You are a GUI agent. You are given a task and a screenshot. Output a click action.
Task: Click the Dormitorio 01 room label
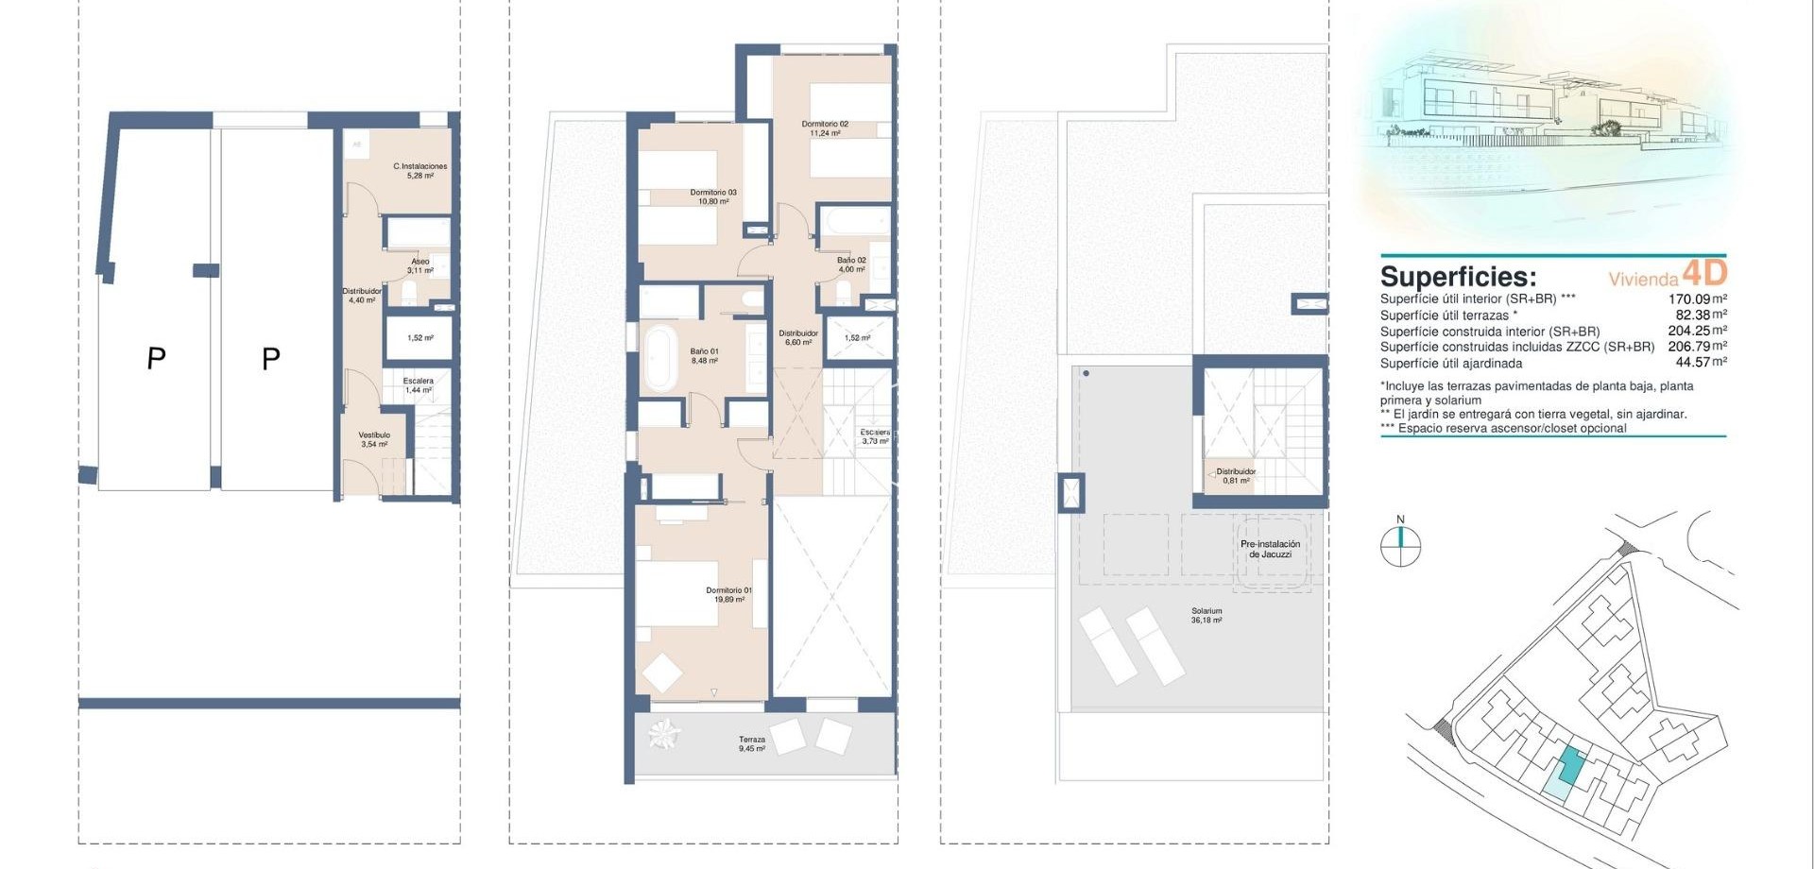728,594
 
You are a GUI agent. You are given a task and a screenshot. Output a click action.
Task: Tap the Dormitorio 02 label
825,128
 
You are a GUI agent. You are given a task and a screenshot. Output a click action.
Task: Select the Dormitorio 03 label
713,196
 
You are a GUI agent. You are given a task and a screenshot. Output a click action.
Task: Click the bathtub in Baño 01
659,358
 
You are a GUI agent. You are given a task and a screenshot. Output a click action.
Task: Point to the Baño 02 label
851,264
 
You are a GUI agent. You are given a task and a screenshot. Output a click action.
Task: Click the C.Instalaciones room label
419,170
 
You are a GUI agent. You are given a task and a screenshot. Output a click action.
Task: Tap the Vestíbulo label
374,439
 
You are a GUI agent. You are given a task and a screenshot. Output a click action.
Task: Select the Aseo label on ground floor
420,265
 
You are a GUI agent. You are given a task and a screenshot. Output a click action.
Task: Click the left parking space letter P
156,358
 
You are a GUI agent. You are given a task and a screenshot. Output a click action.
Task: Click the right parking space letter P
270,359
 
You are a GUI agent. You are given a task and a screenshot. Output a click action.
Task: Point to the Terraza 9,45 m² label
752,744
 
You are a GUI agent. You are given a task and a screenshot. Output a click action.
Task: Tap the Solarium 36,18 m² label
1206,616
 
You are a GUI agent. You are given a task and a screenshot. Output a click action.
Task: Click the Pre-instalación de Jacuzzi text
1270,549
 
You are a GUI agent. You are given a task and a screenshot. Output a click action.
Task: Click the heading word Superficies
1458,277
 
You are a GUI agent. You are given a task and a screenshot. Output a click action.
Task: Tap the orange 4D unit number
1704,273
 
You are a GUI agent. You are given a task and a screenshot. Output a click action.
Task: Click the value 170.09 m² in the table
1697,298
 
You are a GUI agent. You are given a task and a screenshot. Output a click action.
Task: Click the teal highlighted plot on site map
1569,764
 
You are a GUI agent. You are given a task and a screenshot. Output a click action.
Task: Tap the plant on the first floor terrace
664,733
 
